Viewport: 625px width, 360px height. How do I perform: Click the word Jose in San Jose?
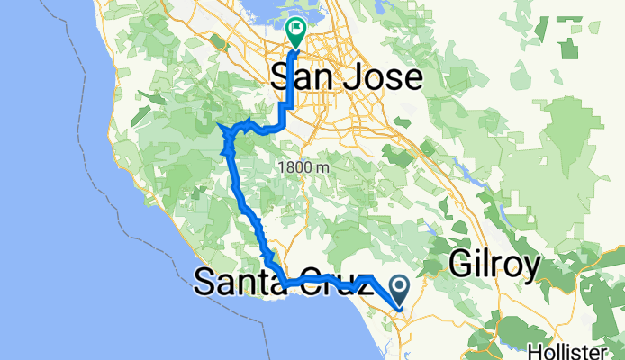381,78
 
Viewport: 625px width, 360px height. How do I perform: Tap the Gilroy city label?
494,265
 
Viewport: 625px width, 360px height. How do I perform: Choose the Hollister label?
587,349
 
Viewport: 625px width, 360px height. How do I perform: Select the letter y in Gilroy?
530,267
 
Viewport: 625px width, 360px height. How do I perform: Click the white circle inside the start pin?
400,287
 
